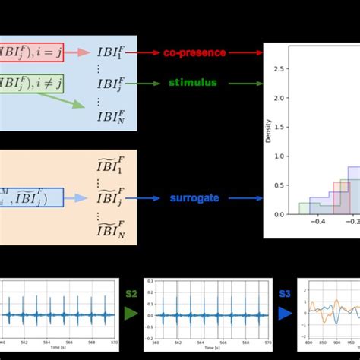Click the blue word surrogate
pos(194,197)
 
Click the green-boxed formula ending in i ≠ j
pos(31,83)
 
